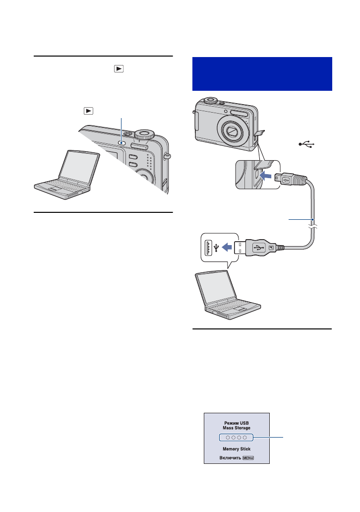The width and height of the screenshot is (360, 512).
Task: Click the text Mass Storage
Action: pyautogui.click(x=237, y=427)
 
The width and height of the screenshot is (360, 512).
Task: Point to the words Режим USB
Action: pyautogui.click(x=237, y=421)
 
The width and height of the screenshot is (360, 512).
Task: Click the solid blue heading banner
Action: pyautogui.click(x=261, y=73)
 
